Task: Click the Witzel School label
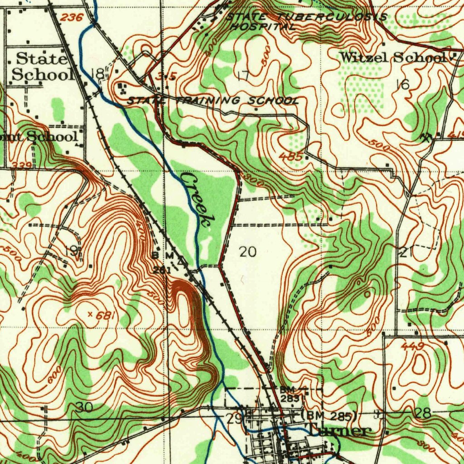click(392, 58)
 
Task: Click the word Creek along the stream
click(198, 199)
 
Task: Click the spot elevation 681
click(105, 315)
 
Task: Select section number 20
click(247, 252)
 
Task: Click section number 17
click(243, 76)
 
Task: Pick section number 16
click(402, 84)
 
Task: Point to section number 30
click(84, 407)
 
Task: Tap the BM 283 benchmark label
click(289, 394)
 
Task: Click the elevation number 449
click(412, 347)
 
